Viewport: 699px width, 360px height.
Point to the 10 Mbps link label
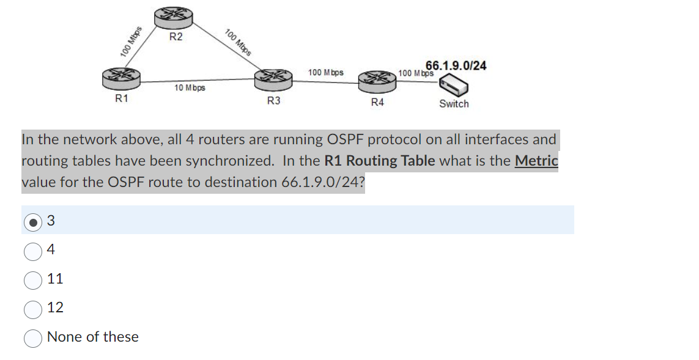(x=190, y=88)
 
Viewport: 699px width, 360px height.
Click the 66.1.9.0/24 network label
(x=456, y=65)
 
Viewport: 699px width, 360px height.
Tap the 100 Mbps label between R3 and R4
(x=325, y=73)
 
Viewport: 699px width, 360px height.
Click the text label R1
(x=122, y=98)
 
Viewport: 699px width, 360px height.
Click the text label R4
(x=377, y=102)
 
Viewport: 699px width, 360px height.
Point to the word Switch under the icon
(x=454, y=104)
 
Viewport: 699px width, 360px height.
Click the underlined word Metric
(x=536, y=161)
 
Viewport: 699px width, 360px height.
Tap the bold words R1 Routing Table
(x=379, y=161)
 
